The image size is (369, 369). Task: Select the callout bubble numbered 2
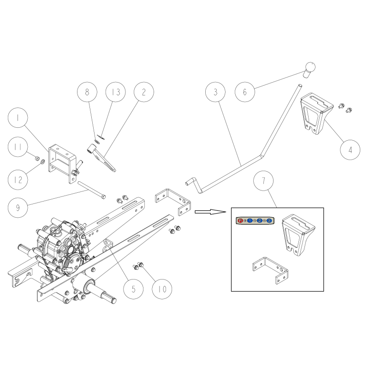point(143,92)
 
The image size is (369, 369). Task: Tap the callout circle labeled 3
point(215,92)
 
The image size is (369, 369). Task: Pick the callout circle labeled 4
point(351,150)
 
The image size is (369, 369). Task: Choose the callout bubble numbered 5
point(134,289)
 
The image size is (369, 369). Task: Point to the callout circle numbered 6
point(245,92)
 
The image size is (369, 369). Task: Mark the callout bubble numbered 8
point(87,92)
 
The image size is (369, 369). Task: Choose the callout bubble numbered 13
point(115,92)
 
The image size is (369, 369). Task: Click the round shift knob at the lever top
point(309,68)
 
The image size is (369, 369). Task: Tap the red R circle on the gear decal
point(240,221)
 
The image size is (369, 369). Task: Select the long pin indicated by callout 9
point(92,190)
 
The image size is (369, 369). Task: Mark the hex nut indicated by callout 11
point(36,157)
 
